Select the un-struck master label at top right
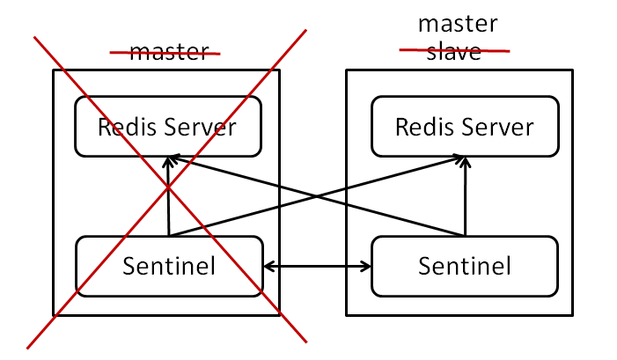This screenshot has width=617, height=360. pos(457,23)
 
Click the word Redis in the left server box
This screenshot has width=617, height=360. pos(126,128)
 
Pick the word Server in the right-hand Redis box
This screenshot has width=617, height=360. pos(499,128)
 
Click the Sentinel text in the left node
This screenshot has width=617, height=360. pos(169,265)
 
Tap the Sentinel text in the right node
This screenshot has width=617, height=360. pos(465,265)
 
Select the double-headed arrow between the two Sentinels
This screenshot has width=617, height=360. pos(318,265)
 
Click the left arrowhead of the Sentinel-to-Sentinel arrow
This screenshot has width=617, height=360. pos(269,265)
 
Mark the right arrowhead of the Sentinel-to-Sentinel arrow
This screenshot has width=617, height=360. pos(366,265)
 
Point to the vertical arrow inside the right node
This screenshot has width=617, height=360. pos(465,198)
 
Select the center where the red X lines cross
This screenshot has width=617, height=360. pos(169,188)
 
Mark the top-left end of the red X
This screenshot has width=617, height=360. pos(35,38)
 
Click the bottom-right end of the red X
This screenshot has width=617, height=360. pos(305,340)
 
